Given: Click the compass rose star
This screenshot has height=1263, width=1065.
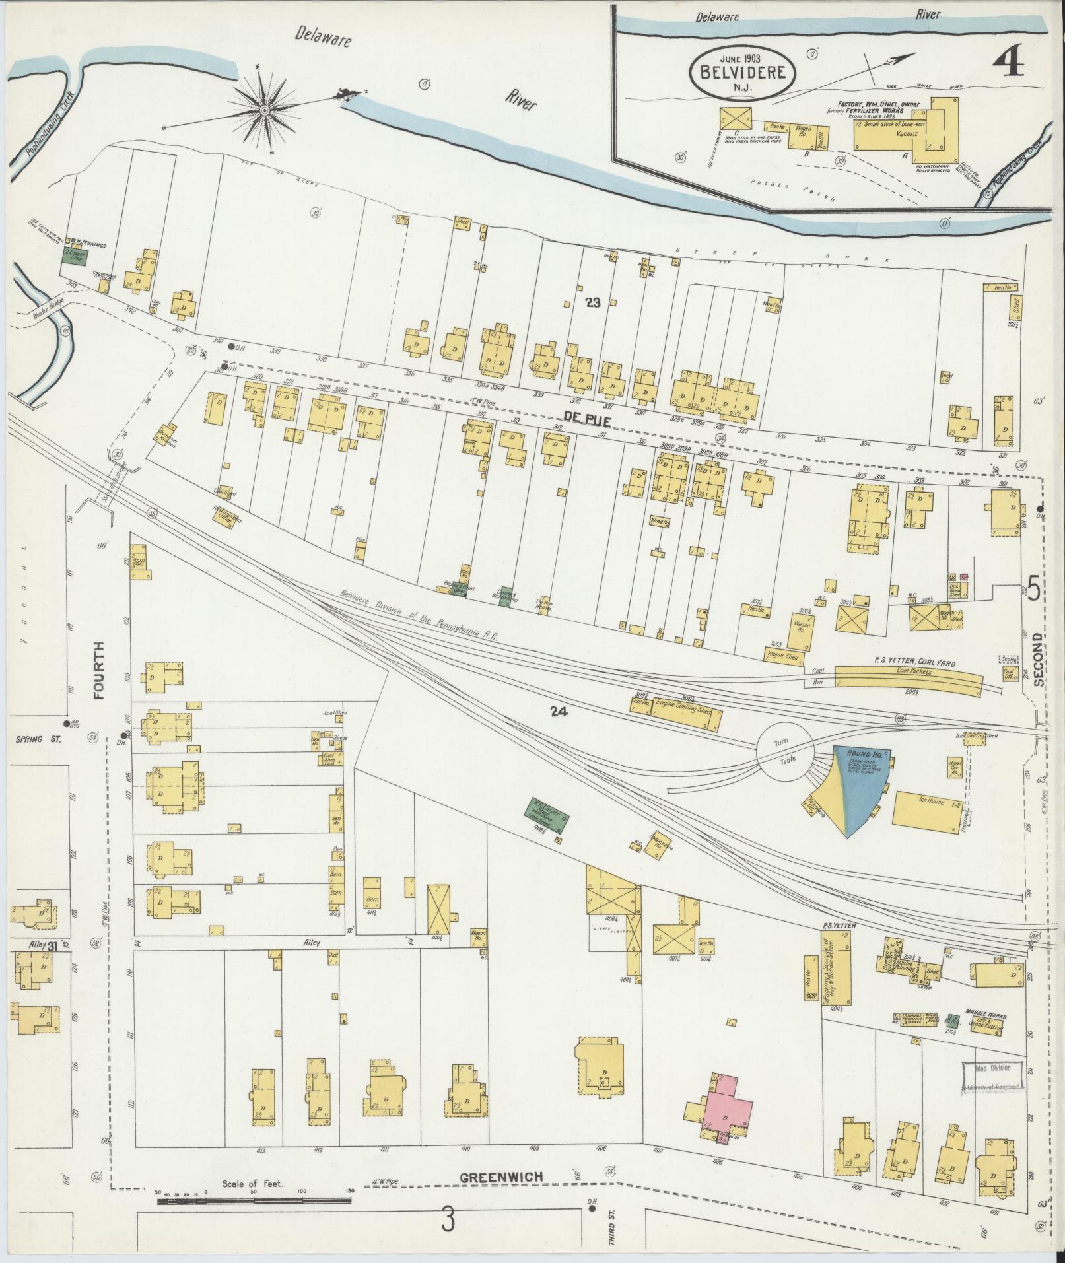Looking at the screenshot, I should tap(264, 110).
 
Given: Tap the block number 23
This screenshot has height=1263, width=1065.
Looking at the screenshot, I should tap(593, 302).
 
